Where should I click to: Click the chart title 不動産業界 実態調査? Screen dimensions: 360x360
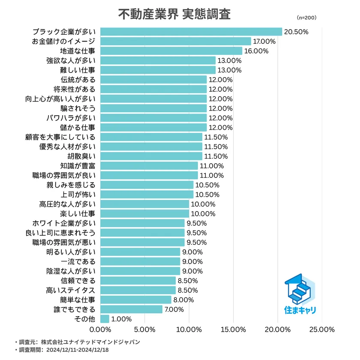(x=174, y=14)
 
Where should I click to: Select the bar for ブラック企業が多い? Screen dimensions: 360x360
(x=191, y=32)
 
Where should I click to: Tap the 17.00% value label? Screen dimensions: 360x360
(x=264, y=42)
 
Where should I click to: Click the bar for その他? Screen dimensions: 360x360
(x=105, y=319)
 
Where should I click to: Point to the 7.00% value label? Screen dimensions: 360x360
(x=175, y=309)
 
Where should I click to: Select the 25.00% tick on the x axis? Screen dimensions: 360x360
(x=321, y=330)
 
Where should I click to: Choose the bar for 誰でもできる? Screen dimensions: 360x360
(x=132, y=309)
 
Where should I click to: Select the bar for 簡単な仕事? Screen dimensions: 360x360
(x=136, y=300)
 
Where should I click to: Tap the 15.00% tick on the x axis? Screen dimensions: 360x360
(x=233, y=330)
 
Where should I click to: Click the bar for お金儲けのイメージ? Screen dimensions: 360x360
(x=176, y=42)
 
